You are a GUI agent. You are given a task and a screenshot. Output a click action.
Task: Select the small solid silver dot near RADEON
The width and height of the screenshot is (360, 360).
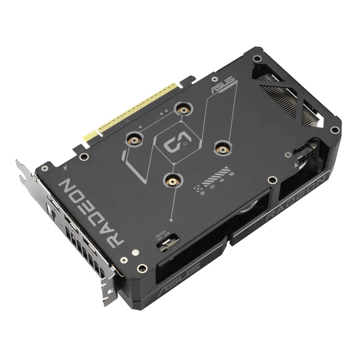[x=134, y=254]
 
